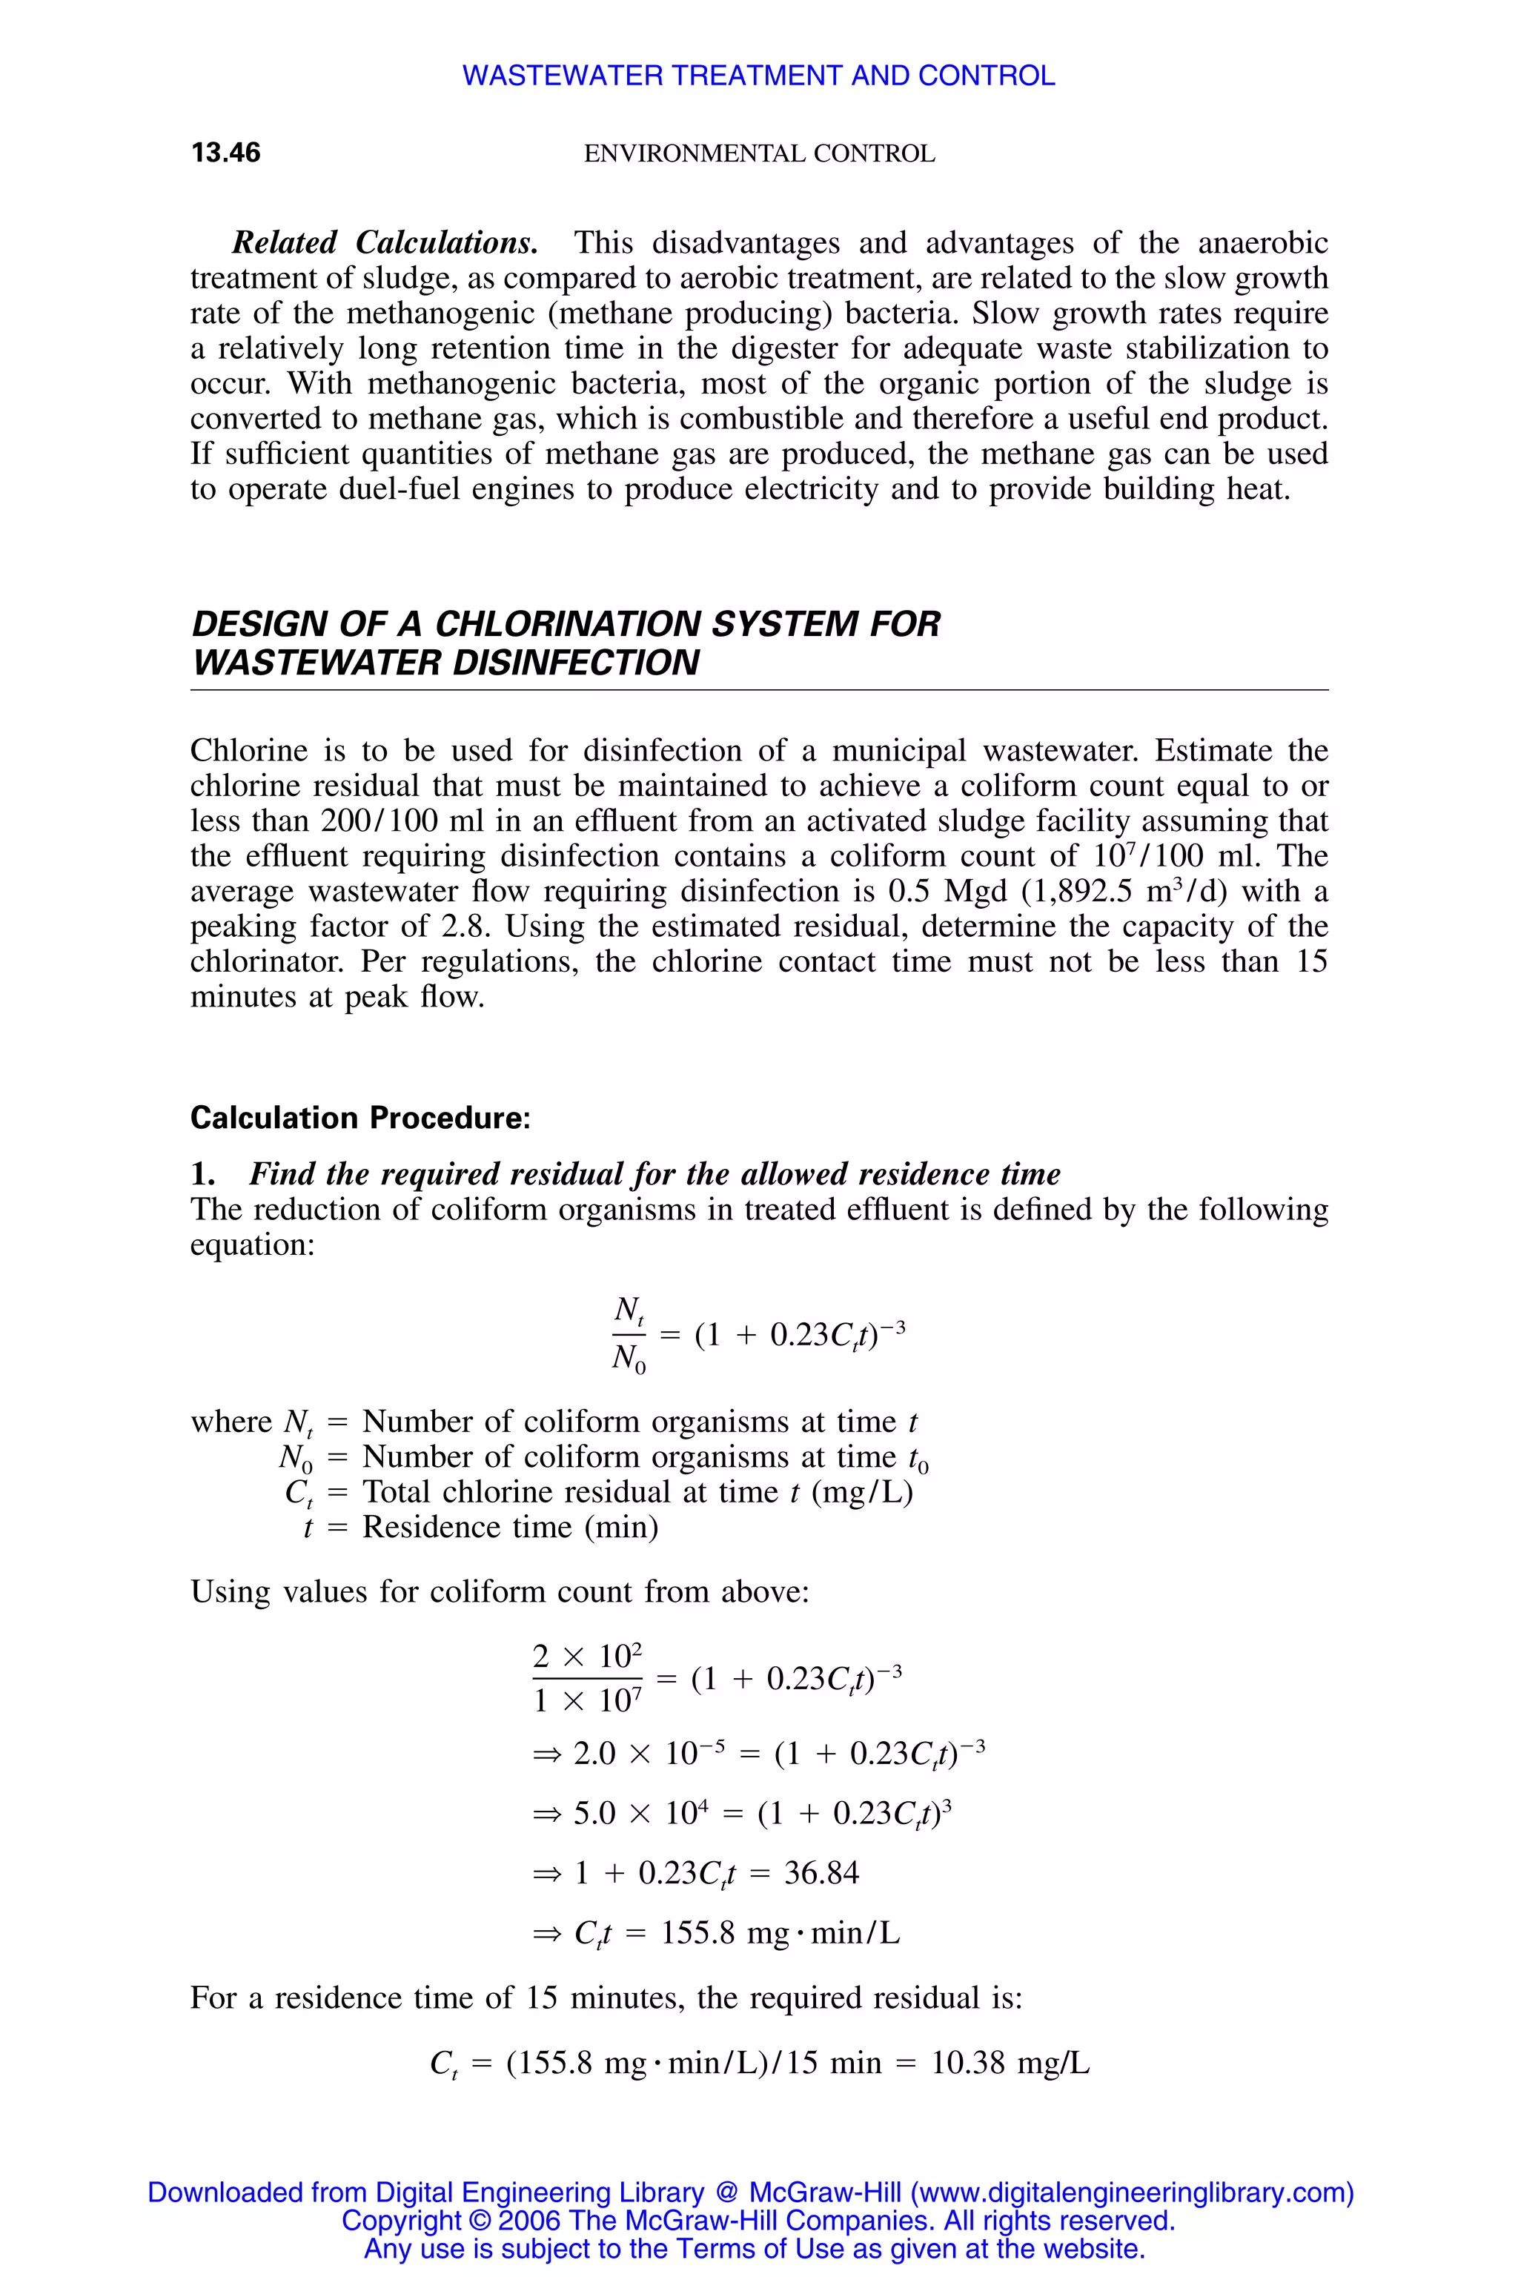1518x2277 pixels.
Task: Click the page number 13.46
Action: pyautogui.click(x=225, y=152)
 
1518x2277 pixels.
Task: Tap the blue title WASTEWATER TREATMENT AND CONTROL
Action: pyautogui.click(x=758, y=76)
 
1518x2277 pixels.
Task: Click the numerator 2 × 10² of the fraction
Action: pyautogui.click(x=587, y=1657)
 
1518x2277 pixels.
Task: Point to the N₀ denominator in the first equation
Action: pyautogui.click(x=629, y=1359)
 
